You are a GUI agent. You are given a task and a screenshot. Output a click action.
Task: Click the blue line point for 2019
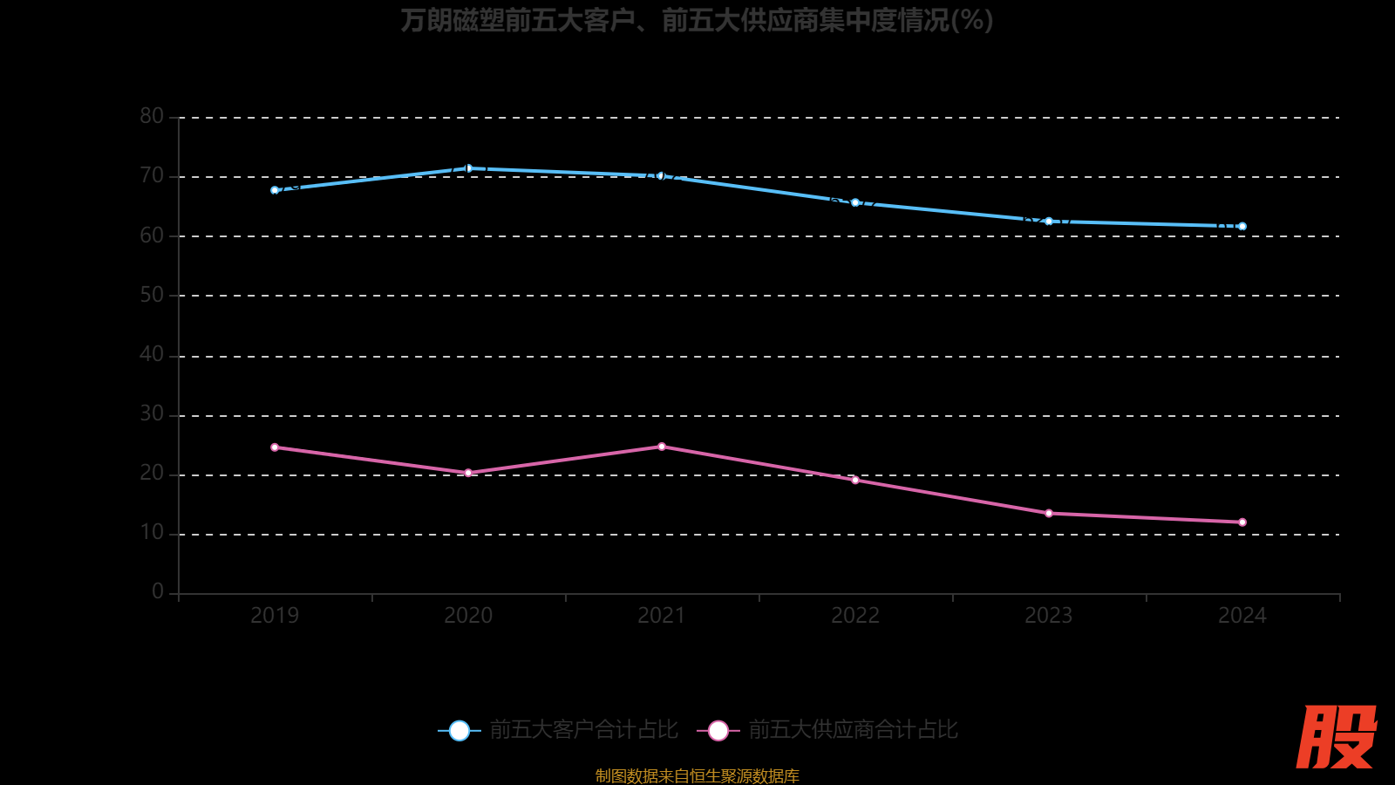[x=275, y=190]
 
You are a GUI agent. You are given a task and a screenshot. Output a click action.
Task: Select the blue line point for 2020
[x=468, y=168]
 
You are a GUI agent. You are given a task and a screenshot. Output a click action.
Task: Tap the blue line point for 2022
[x=855, y=203]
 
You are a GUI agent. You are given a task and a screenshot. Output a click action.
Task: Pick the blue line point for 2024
[x=1242, y=227]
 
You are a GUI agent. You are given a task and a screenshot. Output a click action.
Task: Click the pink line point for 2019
[x=275, y=447]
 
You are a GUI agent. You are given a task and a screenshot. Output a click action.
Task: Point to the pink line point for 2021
[x=662, y=447]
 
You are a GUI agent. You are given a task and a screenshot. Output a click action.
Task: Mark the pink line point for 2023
[x=1049, y=514]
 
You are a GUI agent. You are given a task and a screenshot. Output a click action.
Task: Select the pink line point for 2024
[x=1242, y=522]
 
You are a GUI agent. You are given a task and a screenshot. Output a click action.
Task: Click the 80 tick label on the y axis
[x=152, y=116]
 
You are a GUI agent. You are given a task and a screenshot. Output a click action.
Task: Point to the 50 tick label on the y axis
[x=152, y=295]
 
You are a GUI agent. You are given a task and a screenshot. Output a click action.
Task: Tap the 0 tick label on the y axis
[x=158, y=592]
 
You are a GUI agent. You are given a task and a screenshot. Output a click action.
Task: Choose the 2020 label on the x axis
[x=468, y=616]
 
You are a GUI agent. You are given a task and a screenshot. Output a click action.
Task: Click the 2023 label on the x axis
[x=1049, y=616]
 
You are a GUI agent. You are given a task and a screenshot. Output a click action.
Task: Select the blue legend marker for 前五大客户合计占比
[x=459, y=731]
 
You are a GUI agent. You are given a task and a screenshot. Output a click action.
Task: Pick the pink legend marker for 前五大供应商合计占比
[x=718, y=731]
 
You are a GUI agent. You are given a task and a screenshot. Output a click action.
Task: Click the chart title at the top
[x=697, y=20]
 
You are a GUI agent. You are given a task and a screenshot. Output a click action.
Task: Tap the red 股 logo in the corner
[x=1336, y=737]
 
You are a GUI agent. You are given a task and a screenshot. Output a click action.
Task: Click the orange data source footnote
[x=697, y=775]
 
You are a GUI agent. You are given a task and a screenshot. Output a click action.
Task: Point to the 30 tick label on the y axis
[x=152, y=413]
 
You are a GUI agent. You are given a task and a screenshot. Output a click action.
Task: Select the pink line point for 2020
[x=468, y=473]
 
